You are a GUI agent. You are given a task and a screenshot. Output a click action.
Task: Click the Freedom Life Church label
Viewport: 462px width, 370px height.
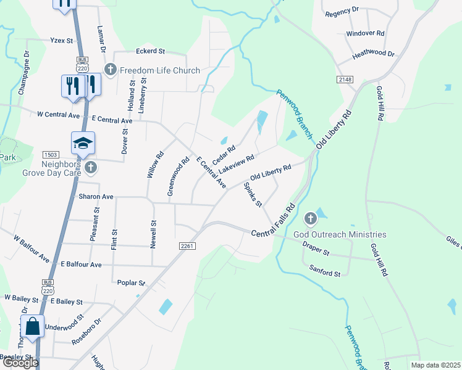click(x=160, y=70)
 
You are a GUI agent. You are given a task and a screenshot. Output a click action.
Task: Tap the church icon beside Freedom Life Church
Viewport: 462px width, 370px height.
click(x=111, y=70)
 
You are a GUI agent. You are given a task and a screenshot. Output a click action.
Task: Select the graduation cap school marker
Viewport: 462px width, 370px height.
click(x=83, y=144)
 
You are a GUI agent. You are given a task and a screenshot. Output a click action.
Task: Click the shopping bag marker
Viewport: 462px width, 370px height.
click(x=33, y=326)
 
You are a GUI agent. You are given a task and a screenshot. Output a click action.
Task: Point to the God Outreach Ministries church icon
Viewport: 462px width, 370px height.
click(x=311, y=219)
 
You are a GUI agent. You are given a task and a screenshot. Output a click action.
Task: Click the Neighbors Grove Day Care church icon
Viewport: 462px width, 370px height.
click(x=91, y=167)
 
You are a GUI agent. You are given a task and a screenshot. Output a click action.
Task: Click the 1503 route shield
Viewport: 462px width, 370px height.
click(x=50, y=154)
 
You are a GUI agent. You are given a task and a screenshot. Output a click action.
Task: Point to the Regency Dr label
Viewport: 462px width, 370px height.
click(x=342, y=11)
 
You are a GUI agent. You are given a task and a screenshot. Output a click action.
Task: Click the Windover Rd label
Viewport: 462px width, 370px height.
click(x=365, y=33)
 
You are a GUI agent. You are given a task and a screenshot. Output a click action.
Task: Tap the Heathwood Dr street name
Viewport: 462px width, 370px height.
click(x=373, y=54)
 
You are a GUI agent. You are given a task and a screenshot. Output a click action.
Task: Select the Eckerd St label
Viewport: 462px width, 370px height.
click(x=151, y=51)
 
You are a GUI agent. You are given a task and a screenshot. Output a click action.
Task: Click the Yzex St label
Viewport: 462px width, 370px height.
click(x=61, y=40)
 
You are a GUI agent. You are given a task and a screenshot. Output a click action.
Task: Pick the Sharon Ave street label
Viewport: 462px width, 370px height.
click(x=96, y=197)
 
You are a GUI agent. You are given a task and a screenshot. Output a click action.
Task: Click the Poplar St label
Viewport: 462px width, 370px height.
click(x=131, y=282)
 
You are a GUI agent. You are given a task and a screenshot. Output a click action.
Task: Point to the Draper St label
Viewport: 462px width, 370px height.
click(x=317, y=253)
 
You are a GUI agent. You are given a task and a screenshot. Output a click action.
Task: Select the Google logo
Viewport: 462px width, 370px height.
click(x=20, y=363)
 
